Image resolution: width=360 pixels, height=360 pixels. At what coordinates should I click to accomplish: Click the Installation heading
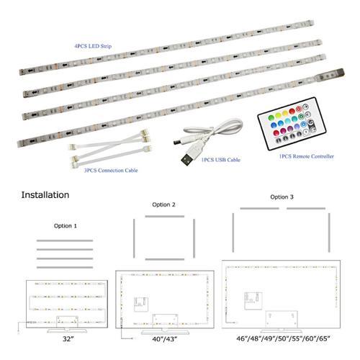pyautogui.click(x=45, y=195)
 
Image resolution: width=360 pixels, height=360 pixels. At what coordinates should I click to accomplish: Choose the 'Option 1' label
pyautogui.click(x=66, y=225)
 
